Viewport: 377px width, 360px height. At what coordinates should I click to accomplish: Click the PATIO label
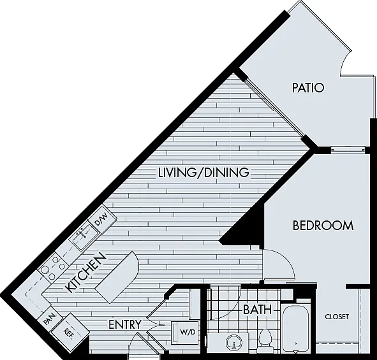click(308, 88)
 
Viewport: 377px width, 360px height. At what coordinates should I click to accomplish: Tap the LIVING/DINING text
click(203, 173)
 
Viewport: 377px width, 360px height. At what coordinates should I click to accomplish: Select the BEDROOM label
click(323, 226)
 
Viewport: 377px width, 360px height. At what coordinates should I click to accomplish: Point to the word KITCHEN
click(86, 272)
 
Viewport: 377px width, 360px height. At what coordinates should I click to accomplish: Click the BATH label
click(257, 310)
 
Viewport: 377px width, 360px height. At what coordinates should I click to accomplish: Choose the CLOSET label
click(337, 317)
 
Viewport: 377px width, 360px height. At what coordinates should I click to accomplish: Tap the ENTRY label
click(125, 324)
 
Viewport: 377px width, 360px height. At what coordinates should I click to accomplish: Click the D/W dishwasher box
click(102, 219)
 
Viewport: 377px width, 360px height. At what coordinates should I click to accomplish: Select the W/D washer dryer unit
click(185, 333)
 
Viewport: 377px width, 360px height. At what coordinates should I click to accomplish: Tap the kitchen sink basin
click(83, 237)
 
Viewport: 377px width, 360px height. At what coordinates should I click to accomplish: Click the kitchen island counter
click(117, 277)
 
